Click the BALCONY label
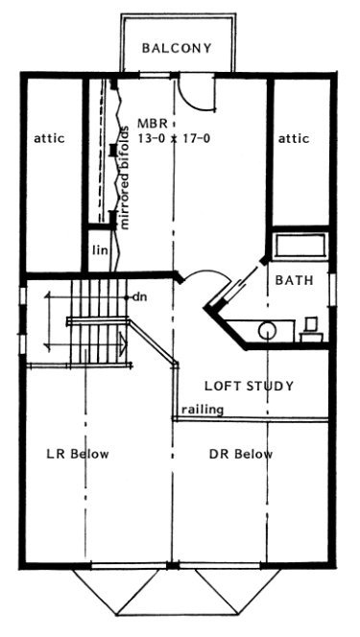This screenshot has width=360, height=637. (x=176, y=48)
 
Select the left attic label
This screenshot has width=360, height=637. (x=49, y=138)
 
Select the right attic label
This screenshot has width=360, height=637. (x=294, y=138)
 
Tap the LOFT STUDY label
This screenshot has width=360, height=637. (x=249, y=387)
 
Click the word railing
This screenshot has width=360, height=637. (x=203, y=410)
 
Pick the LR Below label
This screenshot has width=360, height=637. (x=78, y=454)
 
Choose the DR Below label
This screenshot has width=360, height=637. (x=240, y=454)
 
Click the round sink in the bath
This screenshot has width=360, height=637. (x=267, y=330)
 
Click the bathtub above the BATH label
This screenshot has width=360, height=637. (x=299, y=245)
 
